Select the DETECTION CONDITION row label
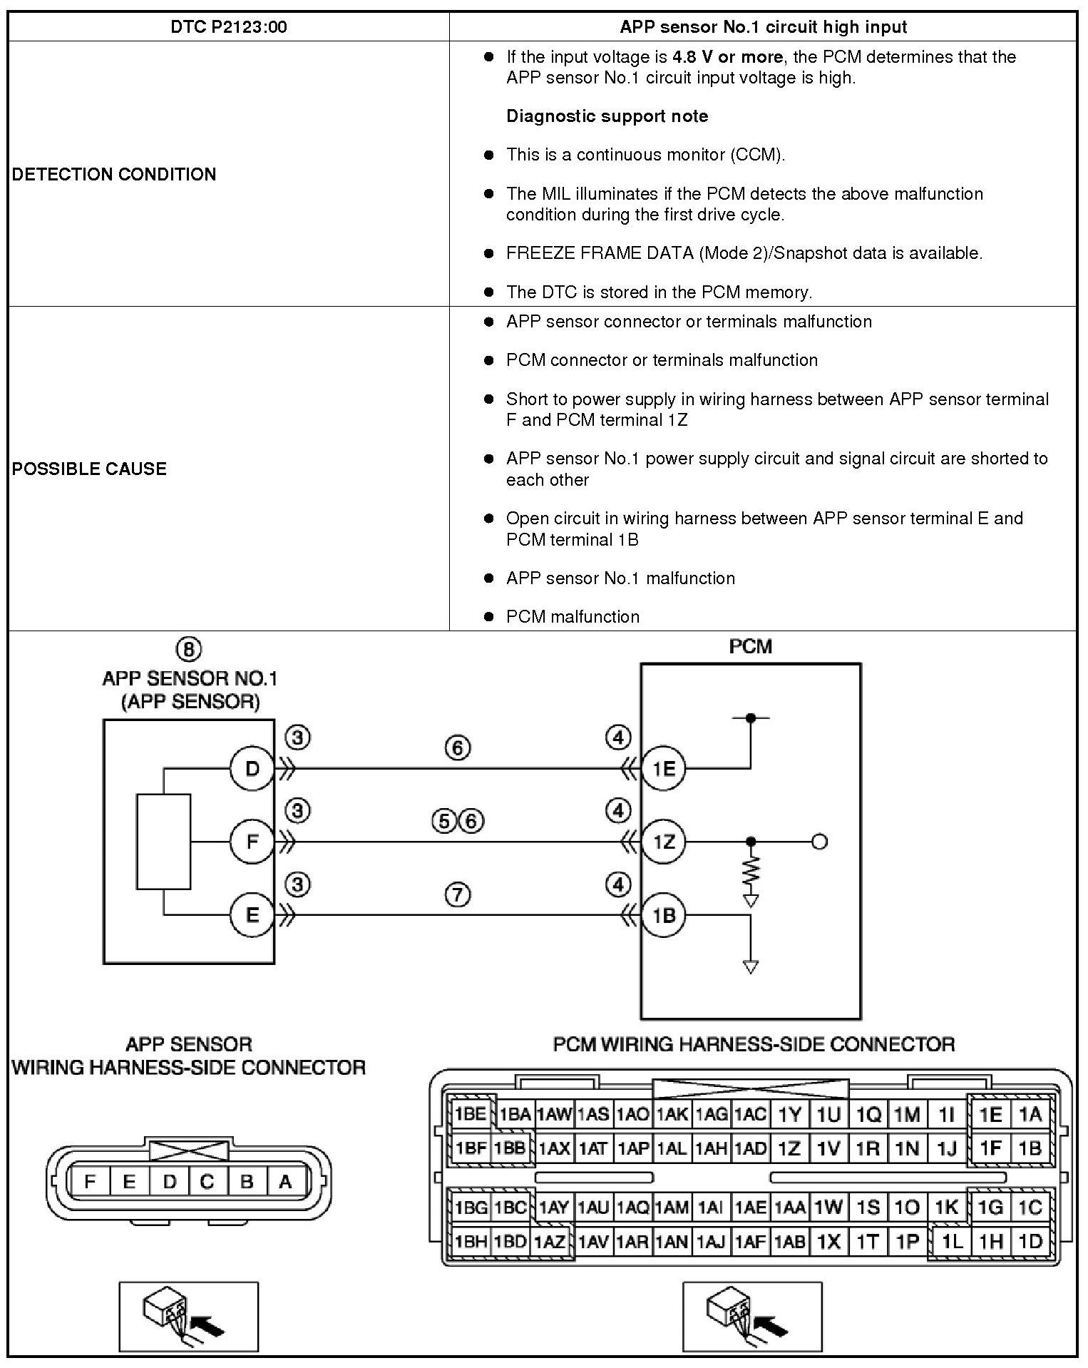[114, 175]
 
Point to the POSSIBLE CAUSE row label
[89, 469]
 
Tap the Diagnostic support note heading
[607, 116]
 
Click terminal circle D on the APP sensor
[252, 769]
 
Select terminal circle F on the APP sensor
[252, 842]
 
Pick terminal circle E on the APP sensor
[252, 915]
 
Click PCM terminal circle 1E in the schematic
[663, 769]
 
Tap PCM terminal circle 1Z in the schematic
[663, 842]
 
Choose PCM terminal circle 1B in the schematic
[663, 915]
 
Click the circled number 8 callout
[189, 649]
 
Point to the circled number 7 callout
[457, 894]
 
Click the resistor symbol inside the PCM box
[750, 870]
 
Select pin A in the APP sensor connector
[285, 1182]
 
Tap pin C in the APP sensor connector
[207, 1182]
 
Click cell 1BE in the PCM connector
[471, 1114]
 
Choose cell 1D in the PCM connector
[1030, 1242]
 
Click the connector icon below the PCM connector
[752, 1317]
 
